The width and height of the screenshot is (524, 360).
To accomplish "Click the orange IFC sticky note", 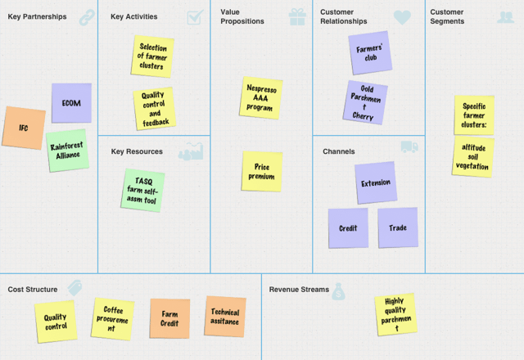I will click(x=24, y=128).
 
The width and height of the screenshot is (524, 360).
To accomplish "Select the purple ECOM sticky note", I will click(x=71, y=103).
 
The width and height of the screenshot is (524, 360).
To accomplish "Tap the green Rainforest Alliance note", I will click(x=67, y=151).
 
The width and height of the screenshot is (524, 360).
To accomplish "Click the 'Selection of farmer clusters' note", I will click(x=153, y=56).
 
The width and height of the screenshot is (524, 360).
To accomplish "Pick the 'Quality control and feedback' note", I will click(x=154, y=108).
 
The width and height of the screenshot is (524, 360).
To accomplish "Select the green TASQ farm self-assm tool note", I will click(x=143, y=190).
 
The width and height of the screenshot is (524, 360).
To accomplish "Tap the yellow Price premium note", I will click(x=262, y=171).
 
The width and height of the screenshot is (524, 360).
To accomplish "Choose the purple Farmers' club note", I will click(x=369, y=53).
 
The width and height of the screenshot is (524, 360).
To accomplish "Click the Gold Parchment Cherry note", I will click(x=365, y=102).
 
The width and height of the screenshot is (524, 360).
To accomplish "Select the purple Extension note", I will click(x=376, y=182).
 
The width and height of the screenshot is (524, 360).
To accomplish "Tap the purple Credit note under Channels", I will click(x=348, y=228).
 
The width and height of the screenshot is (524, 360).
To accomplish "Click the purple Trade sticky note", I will click(x=398, y=228).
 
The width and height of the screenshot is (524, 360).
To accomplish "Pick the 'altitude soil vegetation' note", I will click(x=473, y=156).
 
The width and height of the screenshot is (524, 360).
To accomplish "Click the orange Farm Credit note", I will click(x=169, y=319).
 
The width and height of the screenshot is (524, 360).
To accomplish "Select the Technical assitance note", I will click(x=225, y=317).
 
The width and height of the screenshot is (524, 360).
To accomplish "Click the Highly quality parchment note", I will click(x=395, y=315).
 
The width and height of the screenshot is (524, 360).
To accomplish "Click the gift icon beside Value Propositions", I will click(x=297, y=16).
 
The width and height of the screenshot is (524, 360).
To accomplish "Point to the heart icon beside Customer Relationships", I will click(x=402, y=16).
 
